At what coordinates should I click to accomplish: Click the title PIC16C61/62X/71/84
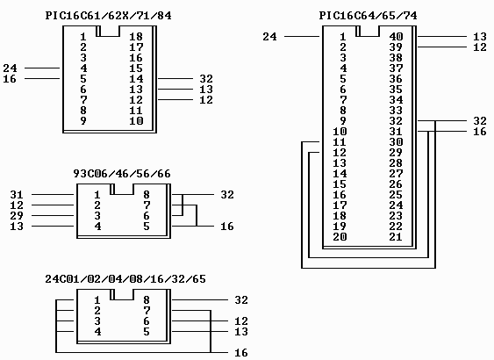tap(109, 16)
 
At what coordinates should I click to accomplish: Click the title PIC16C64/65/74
tap(368, 16)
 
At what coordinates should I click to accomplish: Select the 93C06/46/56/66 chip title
tap(122, 174)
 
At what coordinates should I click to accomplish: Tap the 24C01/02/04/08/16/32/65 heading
tap(125, 279)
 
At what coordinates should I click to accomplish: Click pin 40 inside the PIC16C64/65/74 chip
tap(396, 37)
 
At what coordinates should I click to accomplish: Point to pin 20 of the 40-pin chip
tap(340, 237)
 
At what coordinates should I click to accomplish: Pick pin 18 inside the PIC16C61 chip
tap(136, 37)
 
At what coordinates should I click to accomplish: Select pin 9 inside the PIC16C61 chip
tap(83, 121)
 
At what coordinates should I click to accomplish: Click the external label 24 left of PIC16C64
tap(269, 37)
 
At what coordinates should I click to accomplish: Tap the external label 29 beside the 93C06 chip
tap(17, 216)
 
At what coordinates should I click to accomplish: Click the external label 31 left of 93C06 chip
tap(17, 195)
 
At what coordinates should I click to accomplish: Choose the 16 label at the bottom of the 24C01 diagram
tap(241, 352)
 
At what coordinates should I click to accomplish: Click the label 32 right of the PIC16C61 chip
tap(206, 78)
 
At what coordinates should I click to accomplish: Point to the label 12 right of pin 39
tap(480, 47)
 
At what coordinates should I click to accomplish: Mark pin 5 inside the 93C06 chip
tap(147, 226)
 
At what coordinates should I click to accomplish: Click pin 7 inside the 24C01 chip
tap(147, 311)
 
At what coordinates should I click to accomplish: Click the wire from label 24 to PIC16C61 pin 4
tap(42, 68)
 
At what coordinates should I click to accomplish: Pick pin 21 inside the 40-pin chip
tap(396, 237)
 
